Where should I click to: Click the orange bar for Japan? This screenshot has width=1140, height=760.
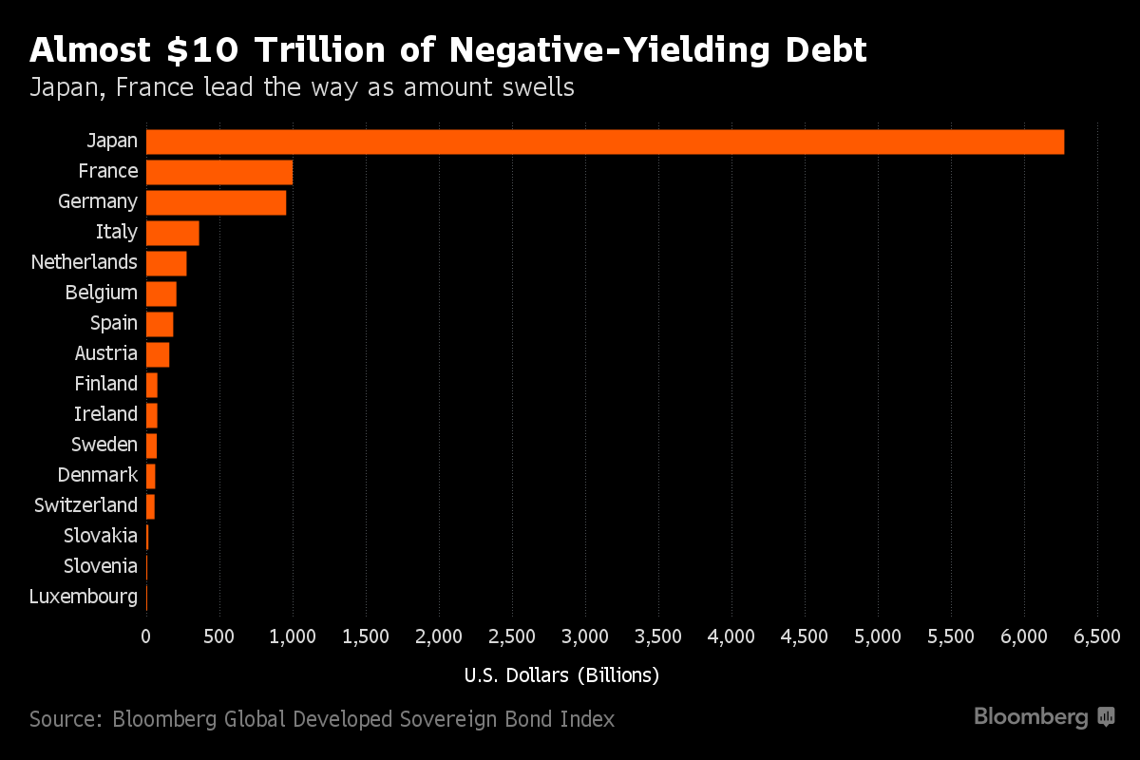coord(605,142)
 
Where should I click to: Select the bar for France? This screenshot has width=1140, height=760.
coord(219,172)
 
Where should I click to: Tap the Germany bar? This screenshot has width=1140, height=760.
coord(217,202)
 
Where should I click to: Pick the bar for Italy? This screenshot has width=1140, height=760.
coord(173,233)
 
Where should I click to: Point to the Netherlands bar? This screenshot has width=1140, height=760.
coord(166,263)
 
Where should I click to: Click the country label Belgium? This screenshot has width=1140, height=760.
coord(102,293)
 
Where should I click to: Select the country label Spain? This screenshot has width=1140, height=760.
coord(114,323)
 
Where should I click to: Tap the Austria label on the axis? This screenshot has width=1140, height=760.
coord(106,353)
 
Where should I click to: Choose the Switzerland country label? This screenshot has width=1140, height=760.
coord(85,505)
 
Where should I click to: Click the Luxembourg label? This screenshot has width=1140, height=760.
coord(84,597)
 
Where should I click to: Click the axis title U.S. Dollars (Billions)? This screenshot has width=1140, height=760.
coord(561,675)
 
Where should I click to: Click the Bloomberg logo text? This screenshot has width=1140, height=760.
coord(1031,717)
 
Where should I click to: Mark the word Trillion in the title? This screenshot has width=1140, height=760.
coord(308,49)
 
